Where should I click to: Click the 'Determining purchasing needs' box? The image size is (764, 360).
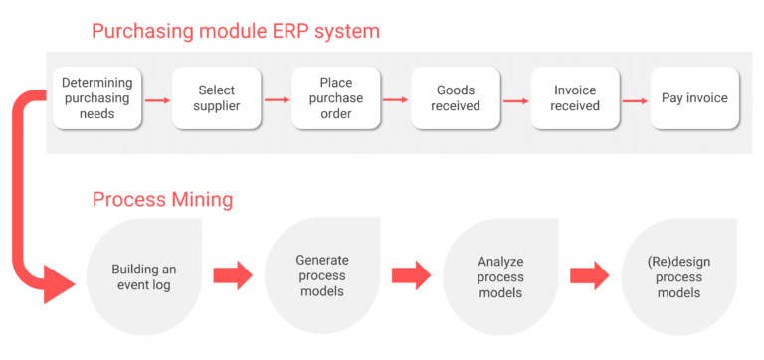pyautogui.click(x=96, y=98)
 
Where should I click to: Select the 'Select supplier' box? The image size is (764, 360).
pyautogui.click(x=217, y=98)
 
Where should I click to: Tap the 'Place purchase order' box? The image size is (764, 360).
pyautogui.click(x=336, y=98)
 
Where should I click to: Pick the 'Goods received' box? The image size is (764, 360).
pyautogui.click(x=456, y=98)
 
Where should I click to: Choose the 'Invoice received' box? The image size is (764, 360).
pyautogui.click(x=575, y=98)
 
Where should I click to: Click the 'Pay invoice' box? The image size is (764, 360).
pyautogui.click(x=694, y=98)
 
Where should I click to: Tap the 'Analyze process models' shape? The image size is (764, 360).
pyautogui.click(x=500, y=276)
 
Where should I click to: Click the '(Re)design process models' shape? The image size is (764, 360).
pyautogui.click(x=679, y=276)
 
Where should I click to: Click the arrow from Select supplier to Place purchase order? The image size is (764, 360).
pyautogui.click(x=277, y=99)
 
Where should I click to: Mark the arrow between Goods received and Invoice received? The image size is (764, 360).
pyautogui.click(x=515, y=99)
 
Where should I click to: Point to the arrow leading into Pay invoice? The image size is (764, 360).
pyautogui.click(x=635, y=99)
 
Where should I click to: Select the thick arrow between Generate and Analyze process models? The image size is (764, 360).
pyautogui.click(x=411, y=275)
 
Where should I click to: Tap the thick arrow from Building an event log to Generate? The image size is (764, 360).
pyautogui.click(x=233, y=275)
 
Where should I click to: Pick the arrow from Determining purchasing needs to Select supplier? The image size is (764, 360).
pyautogui.click(x=156, y=99)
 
